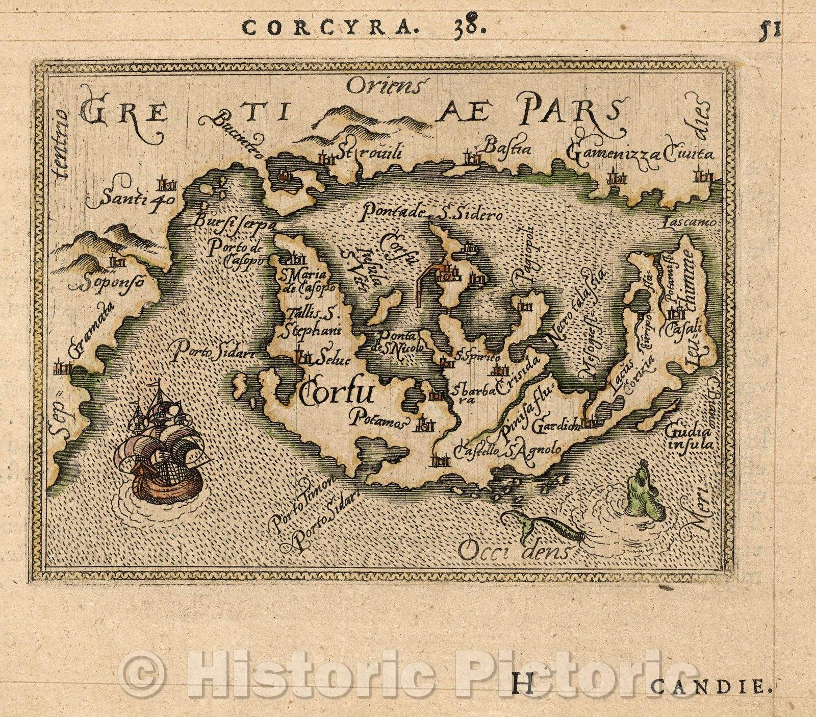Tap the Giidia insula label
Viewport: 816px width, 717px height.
coord(688,438)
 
